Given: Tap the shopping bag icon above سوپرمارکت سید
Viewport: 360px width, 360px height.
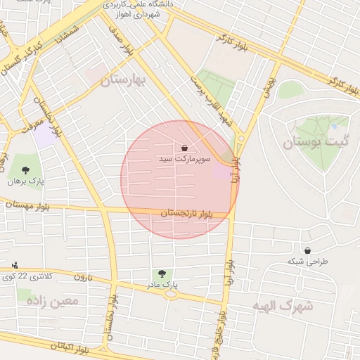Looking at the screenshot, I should click(x=184, y=148).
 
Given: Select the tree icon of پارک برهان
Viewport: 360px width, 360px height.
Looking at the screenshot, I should click(x=26, y=170).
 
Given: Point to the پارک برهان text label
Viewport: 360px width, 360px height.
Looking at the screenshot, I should click(x=26, y=181).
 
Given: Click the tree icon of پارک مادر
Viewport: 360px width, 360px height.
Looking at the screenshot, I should click(x=162, y=274).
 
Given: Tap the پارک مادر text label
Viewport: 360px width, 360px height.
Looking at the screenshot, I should click(x=162, y=285).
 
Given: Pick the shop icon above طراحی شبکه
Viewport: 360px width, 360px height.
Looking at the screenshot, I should click(x=307, y=250).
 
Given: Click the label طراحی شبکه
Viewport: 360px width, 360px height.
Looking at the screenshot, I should click(x=307, y=261).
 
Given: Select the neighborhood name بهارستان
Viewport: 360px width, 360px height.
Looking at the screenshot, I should click(x=122, y=81).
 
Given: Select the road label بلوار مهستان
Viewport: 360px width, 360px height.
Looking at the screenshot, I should click(x=28, y=204).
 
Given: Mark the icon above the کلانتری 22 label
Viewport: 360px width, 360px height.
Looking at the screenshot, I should click(x=15, y=265).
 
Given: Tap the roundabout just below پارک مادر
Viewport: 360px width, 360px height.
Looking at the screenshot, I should click(x=169, y=295).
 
